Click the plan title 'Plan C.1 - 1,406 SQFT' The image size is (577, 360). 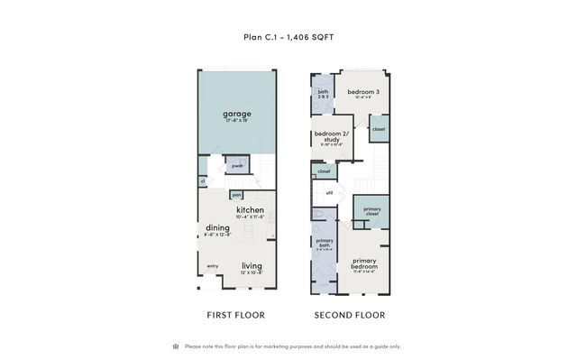288,37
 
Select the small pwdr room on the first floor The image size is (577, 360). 237,167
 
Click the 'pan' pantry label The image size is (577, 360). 236,194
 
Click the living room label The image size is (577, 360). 252,266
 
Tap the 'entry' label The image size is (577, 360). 213,266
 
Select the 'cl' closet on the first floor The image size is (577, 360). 203,181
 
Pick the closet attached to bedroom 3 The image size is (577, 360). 378,129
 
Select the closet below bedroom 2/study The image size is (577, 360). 323,171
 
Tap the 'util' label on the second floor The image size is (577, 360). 329,192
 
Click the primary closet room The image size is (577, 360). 371,212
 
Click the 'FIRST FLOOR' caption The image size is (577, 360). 234,315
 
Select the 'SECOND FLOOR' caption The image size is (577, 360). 349,315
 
